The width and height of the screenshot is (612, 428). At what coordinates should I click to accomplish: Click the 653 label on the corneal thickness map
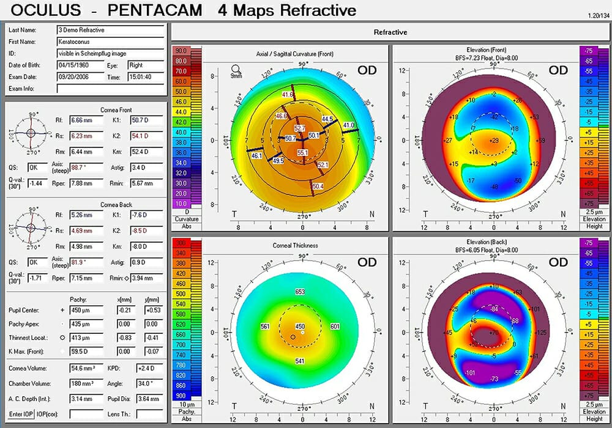(300, 292)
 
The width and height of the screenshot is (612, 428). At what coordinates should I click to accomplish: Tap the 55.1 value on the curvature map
(302, 152)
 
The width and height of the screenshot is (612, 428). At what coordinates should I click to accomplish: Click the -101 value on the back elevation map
(470, 372)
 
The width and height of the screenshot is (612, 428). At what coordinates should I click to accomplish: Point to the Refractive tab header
(390, 32)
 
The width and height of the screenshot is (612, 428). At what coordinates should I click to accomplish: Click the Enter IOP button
(20, 414)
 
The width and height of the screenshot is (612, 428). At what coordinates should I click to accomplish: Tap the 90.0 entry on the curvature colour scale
(181, 51)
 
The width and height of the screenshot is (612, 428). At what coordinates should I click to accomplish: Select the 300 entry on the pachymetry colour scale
(181, 243)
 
